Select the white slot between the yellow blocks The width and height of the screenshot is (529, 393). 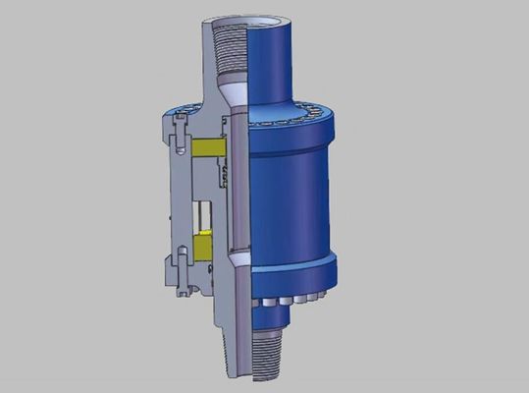(x=204, y=217)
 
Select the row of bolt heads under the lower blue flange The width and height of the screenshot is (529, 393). (x=290, y=295)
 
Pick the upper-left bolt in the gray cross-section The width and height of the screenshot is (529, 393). (x=183, y=128)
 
